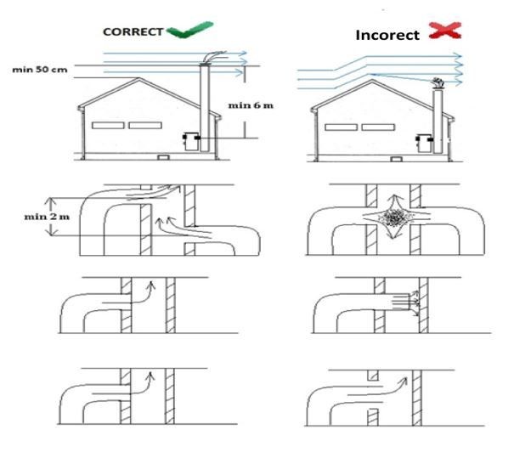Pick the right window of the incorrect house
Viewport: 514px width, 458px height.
pyautogui.click(x=378, y=127)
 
